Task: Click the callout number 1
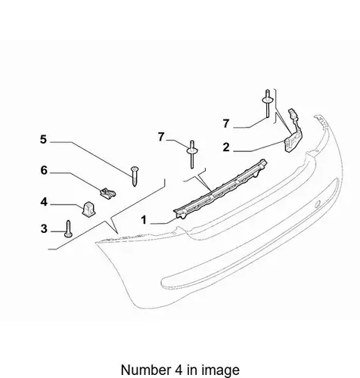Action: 144,220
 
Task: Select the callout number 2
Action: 226,147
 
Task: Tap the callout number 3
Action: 44,229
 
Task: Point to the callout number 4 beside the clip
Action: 44,202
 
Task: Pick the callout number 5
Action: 44,139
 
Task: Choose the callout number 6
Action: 44,171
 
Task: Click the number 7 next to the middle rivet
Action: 161,137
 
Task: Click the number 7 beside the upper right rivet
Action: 226,123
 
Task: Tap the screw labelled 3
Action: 68,229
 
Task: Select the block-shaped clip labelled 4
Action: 88,209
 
